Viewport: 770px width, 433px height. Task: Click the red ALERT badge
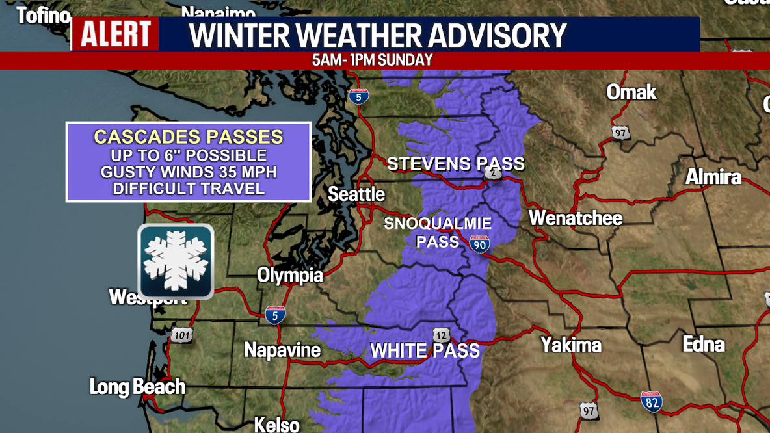tap(116, 34)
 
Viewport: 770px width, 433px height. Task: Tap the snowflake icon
tap(176, 261)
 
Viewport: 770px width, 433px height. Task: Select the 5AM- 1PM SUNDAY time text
tap(372, 60)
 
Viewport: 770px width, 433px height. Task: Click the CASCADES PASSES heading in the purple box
tap(189, 137)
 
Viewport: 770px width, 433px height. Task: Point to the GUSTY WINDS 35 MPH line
tap(189, 172)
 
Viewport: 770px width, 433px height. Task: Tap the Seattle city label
tap(356, 194)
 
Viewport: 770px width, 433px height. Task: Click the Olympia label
tap(290, 275)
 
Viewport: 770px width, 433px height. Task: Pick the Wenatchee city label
tap(576, 218)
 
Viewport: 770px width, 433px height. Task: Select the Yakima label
tap(571, 345)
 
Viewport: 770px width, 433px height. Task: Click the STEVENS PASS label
tap(455, 164)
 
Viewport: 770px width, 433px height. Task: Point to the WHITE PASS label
tap(425, 351)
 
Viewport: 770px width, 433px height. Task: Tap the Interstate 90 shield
tap(479, 244)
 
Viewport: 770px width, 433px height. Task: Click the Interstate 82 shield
tap(652, 402)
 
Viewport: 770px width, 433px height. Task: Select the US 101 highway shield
tap(182, 335)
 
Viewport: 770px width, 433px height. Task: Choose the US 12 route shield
tap(442, 335)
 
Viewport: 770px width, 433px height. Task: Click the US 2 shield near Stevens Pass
tap(493, 173)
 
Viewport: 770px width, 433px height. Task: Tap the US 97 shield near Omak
tap(621, 133)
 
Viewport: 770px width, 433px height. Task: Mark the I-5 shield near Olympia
tap(275, 315)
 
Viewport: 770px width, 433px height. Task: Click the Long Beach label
tap(137, 387)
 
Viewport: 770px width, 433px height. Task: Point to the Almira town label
tap(713, 177)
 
